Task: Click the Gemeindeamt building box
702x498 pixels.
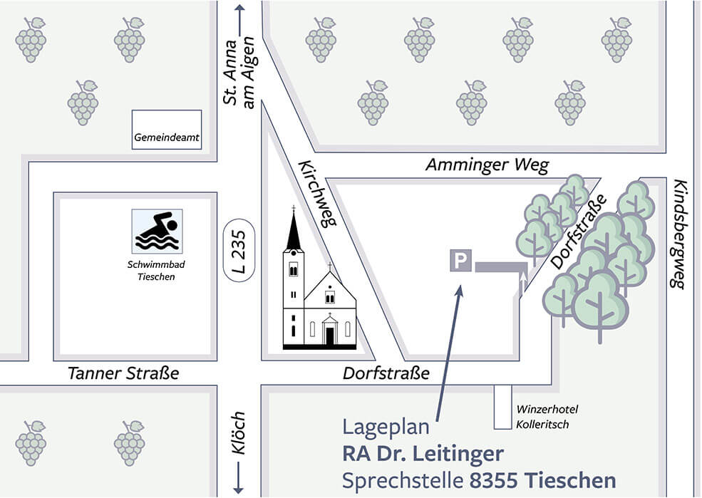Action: point(167,130)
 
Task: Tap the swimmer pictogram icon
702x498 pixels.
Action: point(157,231)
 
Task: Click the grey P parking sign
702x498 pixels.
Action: point(460,261)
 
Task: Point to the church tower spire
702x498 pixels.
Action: point(293,228)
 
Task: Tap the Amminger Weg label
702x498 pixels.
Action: point(487,165)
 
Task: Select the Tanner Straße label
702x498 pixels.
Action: point(123,373)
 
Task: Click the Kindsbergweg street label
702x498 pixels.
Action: point(678,234)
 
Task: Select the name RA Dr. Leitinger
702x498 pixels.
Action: point(423,453)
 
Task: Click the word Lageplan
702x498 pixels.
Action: point(386,427)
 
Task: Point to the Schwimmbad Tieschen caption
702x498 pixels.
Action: point(157,271)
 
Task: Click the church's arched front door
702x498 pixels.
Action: point(329,333)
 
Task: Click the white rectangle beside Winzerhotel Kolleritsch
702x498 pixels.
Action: point(503,407)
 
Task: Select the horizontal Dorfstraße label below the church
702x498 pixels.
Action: point(386,373)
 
